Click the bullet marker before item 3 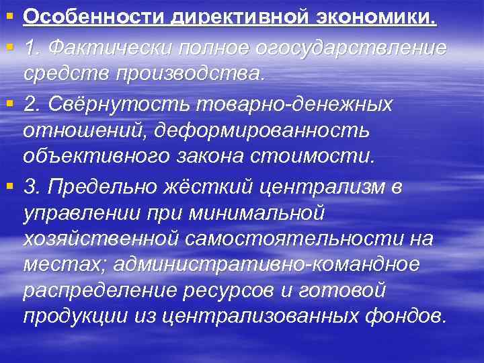coord(9,185)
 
